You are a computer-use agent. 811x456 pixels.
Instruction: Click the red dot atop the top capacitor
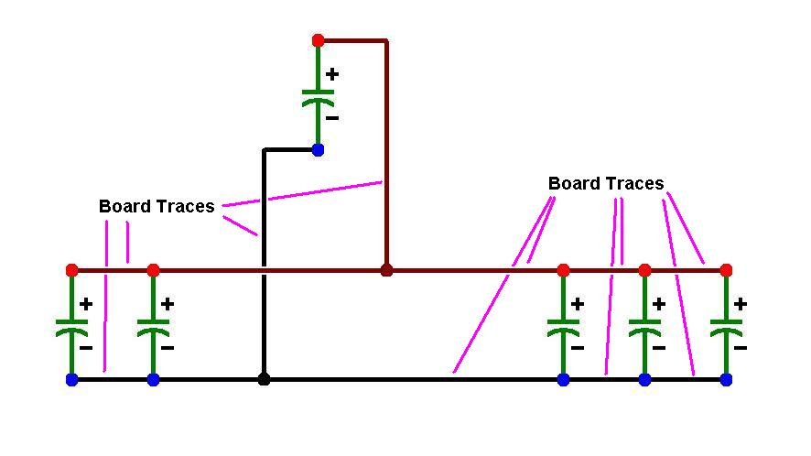point(319,40)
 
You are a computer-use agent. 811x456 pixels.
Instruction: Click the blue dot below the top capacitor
point(319,150)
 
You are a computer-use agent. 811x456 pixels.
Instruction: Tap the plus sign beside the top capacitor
point(332,74)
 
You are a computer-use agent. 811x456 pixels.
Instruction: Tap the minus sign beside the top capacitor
point(332,118)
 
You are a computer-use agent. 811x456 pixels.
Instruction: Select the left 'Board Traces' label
point(157,206)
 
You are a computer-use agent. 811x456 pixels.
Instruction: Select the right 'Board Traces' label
point(606,183)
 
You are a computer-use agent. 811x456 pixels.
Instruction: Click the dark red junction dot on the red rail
point(386,270)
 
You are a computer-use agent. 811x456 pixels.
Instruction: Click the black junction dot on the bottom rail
point(264,380)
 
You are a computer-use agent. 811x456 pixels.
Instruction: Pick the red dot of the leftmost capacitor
point(72,270)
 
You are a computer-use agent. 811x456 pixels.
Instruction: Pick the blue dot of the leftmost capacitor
point(72,380)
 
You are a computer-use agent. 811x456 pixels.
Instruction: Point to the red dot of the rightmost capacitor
point(726,270)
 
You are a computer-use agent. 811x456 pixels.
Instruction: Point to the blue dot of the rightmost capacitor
point(726,380)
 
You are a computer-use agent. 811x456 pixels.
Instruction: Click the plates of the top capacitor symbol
point(319,97)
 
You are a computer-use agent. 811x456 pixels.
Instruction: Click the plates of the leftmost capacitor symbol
point(72,327)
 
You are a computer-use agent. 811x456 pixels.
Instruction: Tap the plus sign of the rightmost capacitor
point(741,304)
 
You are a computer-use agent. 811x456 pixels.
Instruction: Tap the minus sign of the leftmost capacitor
point(86,348)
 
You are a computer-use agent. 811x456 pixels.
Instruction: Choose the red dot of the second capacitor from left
point(153,270)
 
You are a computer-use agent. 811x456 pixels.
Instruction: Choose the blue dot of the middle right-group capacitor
point(644,380)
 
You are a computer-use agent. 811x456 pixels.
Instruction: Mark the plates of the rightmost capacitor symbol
point(726,327)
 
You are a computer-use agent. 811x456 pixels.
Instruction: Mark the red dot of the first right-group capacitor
point(563,270)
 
